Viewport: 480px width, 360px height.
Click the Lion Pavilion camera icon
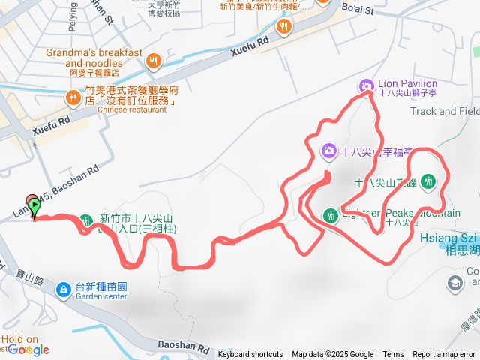click(x=366, y=85)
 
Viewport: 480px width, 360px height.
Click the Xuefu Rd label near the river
click(x=250, y=44)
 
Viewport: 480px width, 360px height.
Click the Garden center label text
click(x=101, y=295)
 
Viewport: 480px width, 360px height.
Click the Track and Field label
click(x=444, y=111)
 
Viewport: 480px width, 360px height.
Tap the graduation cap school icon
click(x=454, y=283)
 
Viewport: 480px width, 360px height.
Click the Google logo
click(x=28, y=349)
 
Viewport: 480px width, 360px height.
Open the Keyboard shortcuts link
click(x=250, y=355)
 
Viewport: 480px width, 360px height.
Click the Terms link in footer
click(x=393, y=355)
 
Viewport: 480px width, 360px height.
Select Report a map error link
click(x=444, y=355)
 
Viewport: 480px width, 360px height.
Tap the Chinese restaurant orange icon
click(x=73, y=97)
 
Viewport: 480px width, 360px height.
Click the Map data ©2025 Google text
click(x=332, y=355)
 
